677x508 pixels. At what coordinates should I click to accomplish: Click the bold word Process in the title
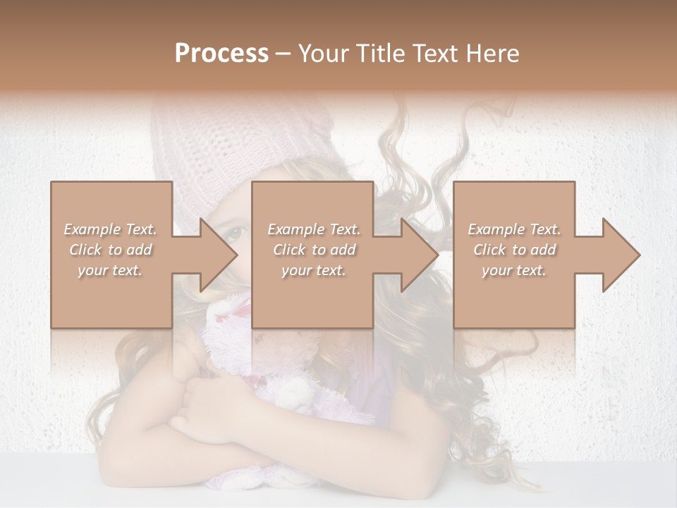(221, 54)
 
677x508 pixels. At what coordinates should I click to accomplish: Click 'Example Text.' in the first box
(110, 229)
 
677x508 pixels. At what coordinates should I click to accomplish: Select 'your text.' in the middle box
(313, 270)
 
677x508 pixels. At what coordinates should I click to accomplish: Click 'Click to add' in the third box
(514, 250)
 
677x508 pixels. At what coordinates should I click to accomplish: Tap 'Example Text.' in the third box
(514, 229)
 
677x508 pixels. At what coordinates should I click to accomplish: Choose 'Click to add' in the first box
(110, 250)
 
